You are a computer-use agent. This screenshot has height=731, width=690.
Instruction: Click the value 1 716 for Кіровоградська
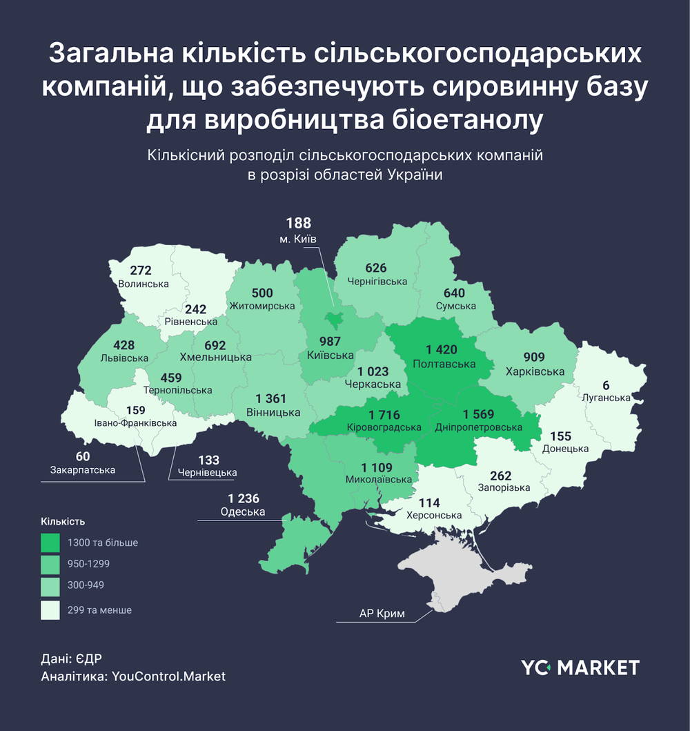click(x=384, y=415)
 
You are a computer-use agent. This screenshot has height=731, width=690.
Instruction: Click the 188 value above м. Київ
click(x=299, y=223)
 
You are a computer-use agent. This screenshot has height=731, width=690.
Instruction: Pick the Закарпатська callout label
click(x=83, y=470)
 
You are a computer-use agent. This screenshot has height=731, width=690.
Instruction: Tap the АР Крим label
click(x=382, y=613)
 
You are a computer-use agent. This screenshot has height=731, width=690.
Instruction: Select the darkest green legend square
click(x=50, y=543)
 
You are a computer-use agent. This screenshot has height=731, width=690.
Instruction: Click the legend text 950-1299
click(x=88, y=564)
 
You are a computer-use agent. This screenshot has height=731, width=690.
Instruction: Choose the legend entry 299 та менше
click(x=99, y=610)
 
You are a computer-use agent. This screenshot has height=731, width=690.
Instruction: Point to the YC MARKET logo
click(x=580, y=667)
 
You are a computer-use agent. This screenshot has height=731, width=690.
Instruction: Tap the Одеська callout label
click(x=242, y=511)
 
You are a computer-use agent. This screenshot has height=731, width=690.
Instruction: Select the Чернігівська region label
click(x=376, y=282)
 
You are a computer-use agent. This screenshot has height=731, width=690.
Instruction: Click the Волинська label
click(x=144, y=284)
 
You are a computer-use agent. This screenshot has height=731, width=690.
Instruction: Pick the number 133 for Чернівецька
click(x=208, y=460)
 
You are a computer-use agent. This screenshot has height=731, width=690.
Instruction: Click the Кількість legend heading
click(x=63, y=521)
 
